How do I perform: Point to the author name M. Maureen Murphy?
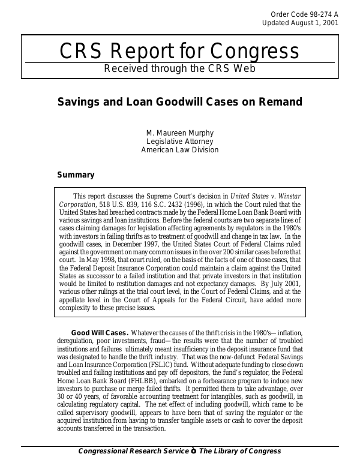pyautogui.click(x=179, y=132)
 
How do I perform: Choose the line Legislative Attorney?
pyautogui.click(x=179, y=141)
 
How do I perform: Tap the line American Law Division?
pyautogui.click(x=179, y=150)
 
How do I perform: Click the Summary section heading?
pyautogui.click(x=76, y=175)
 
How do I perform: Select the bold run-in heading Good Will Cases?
pyautogui.click(x=100, y=333)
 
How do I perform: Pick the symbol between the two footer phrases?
pyautogui.click(x=194, y=451)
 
